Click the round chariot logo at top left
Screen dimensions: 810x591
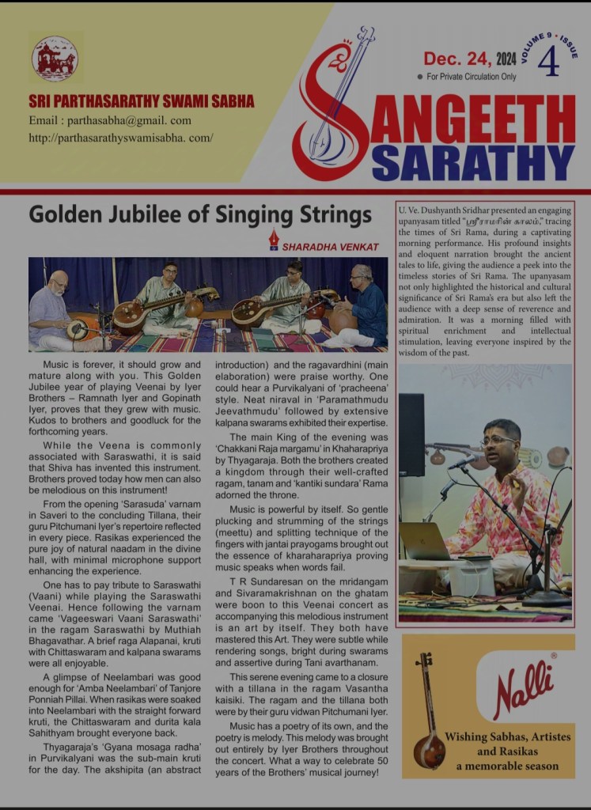tap(55, 59)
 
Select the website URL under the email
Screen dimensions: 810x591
tap(121, 137)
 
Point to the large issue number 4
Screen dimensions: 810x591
tap(547, 62)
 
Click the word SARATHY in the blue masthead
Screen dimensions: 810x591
tap(472, 161)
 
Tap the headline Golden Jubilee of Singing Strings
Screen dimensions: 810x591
tap(199, 214)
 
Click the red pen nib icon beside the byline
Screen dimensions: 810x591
tap(274, 239)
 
